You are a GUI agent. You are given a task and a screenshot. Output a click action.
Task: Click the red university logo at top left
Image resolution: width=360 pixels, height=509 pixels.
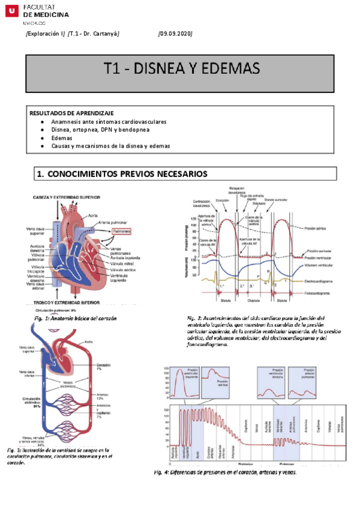[x=11, y=11]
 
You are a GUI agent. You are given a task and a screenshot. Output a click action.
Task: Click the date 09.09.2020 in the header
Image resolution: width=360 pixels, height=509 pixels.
[x=175, y=34]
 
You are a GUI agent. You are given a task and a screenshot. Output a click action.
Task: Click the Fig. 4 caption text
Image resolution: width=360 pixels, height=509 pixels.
[x=224, y=472]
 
